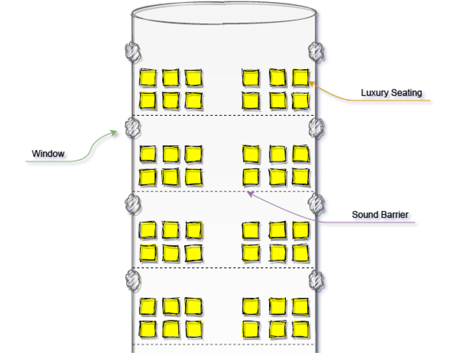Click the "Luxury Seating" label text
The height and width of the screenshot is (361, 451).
(x=391, y=92)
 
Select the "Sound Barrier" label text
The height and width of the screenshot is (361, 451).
(x=380, y=214)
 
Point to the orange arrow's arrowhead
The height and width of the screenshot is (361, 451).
(x=311, y=83)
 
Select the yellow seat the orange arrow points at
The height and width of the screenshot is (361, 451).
(x=300, y=78)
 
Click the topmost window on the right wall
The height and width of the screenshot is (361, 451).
(x=316, y=51)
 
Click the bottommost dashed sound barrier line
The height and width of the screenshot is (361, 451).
(x=224, y=344)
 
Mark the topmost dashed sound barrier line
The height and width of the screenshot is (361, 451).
(x=224, y=115)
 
